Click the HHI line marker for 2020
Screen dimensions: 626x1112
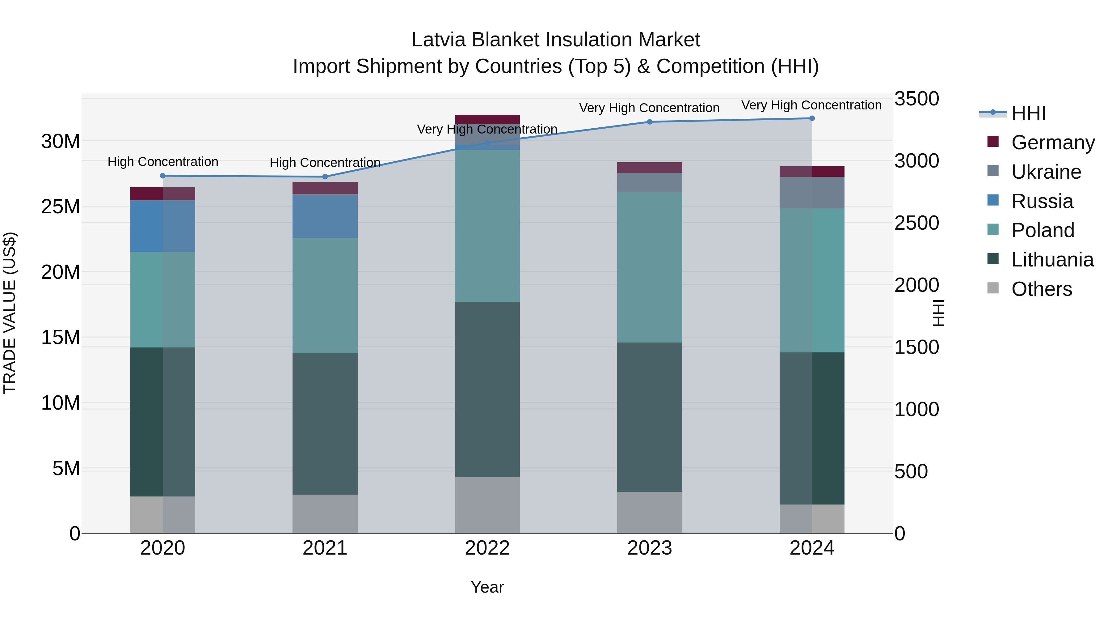coord(163,176)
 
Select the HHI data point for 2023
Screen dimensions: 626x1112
coord(650,122)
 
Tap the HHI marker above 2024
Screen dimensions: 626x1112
coord(812,118)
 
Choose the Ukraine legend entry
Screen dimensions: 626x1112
coord(1046,172)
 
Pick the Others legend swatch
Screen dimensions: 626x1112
coord(993,288)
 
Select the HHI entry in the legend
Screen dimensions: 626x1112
coord(1028,113)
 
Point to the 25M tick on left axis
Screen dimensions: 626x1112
coord(61,207)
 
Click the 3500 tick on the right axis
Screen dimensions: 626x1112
coord(916,99)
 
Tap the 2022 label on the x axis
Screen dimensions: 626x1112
coord(487,548)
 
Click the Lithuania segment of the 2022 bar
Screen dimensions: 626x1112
coord(487,389)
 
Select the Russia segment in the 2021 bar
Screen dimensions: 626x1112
coord(325,216)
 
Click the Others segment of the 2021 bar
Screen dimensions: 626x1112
coord(325,514)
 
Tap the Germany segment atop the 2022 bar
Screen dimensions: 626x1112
coord(487,119)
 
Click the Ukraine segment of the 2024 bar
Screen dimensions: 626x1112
coord(812,193)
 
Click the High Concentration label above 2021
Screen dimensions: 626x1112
coord(325,163)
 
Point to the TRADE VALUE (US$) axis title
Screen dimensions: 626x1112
coord(10,313)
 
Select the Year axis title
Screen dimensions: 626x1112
coord(487,587)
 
